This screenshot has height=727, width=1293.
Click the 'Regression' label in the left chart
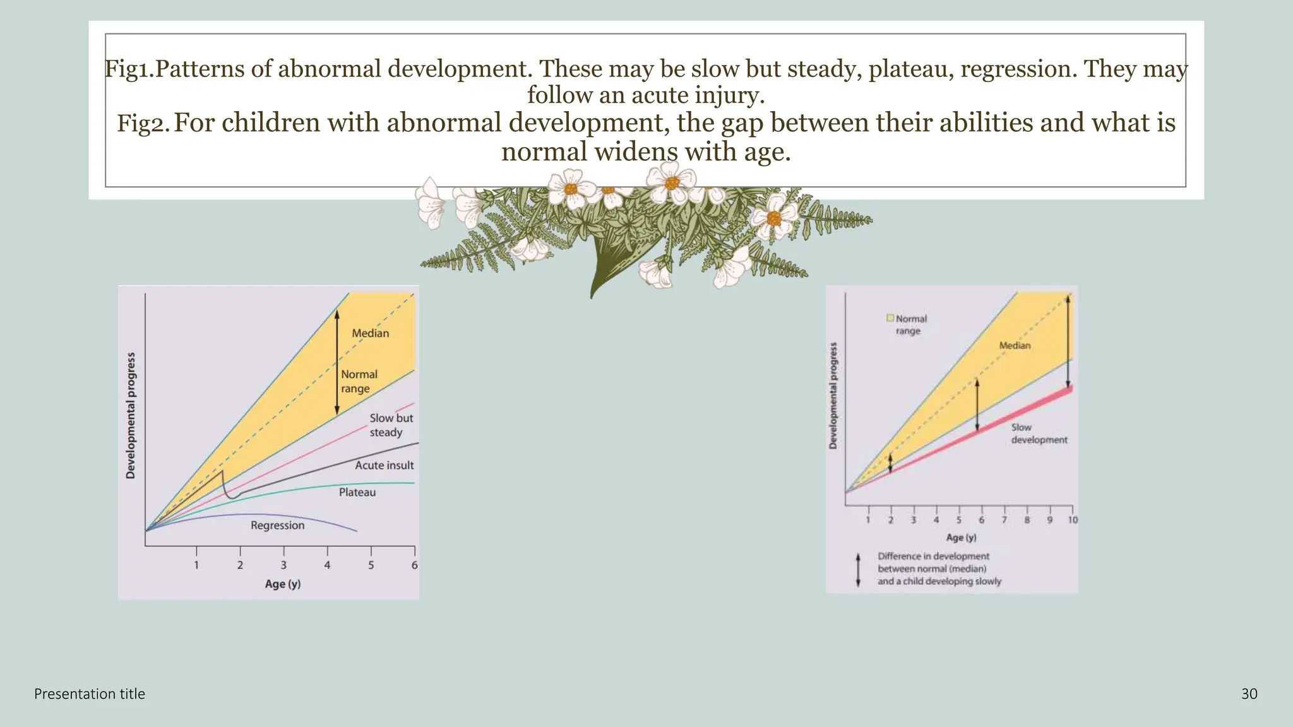click(x=277, y=525)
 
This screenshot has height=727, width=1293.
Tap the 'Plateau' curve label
click(x=357, y=492)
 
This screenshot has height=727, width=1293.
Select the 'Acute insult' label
click(x=384, y=465)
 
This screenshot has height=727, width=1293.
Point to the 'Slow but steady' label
click(x=391, y=425)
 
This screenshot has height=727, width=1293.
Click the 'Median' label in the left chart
click(x=370, y=333)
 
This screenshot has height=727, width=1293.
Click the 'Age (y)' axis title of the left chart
click(x=283, y=584)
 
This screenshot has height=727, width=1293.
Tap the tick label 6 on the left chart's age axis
click(x=414, y=565)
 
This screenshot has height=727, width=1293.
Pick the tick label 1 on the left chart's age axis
click(x=196, y=565)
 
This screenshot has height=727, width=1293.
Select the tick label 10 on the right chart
click(x=1073, y=520)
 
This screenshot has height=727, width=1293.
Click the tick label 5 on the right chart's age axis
click(x=958, y=520)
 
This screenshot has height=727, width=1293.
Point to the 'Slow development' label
click(x=1039, y=434)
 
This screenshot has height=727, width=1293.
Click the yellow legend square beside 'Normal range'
click(x=890, y=318)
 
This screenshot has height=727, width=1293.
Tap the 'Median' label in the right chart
click(x=1015, y=345)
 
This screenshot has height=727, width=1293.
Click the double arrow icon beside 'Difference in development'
click(x=858, y=570)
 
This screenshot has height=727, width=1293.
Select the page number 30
click(x=1249, y=694)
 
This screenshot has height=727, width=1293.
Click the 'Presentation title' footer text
click(x=90, y=694)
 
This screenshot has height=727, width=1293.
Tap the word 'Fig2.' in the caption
click(x=143, y=123)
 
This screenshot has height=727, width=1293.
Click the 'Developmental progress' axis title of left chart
click(x=131, y=415)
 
